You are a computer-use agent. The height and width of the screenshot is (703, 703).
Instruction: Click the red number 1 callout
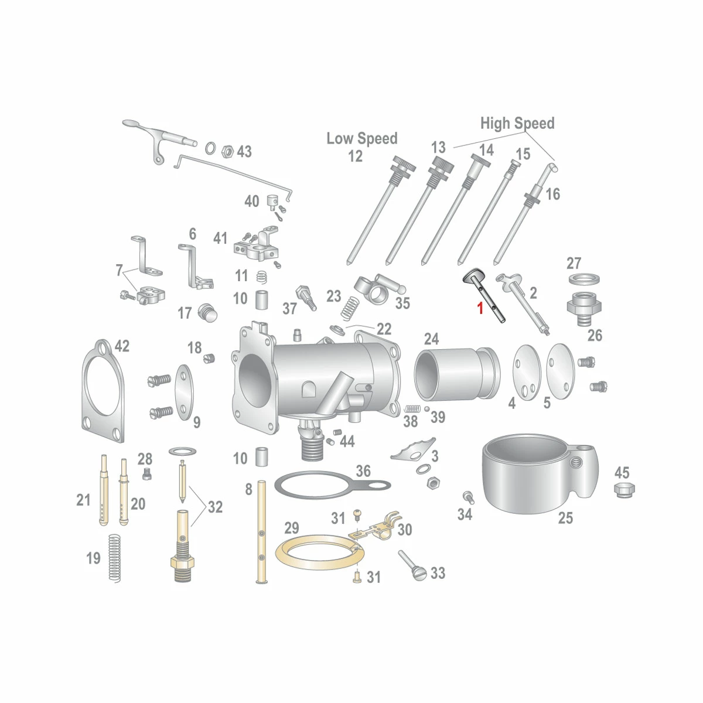point(480,308)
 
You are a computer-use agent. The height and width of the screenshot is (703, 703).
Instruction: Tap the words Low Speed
point(361,138)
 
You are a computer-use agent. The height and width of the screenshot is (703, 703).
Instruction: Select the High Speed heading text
point(517,123)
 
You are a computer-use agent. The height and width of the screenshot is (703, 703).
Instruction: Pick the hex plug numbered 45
point(624,490)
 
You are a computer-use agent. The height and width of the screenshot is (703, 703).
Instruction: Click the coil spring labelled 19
point(115,558)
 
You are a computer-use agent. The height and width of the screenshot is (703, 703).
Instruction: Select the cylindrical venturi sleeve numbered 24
point(457,374)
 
